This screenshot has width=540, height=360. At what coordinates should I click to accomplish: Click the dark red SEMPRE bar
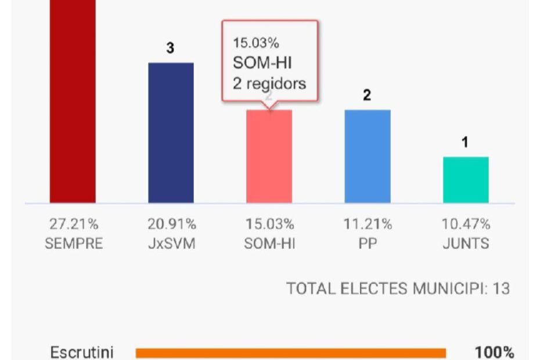[73, 102]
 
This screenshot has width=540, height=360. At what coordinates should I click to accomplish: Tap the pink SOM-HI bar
[269, 156]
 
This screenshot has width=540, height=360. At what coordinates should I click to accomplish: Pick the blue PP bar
[367, 156]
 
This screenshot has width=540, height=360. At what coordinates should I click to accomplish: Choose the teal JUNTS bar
[466, 179]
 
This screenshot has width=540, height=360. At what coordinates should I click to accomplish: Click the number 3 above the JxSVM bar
[170, 49]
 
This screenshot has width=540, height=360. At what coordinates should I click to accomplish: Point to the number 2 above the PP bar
[367, 96]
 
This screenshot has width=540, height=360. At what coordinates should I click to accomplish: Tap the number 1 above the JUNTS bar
[465, 143]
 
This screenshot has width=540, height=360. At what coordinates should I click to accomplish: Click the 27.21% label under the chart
[73, 224]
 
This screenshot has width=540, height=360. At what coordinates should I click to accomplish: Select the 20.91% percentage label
[171, 224]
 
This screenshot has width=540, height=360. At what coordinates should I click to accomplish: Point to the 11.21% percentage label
[367, 224]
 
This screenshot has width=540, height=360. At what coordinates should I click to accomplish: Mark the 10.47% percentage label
[466, 224]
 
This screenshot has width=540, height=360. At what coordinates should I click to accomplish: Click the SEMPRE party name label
[73, 243]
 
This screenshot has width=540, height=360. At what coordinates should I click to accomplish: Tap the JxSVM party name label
[171, 243]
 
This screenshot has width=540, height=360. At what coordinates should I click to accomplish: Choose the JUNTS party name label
[466, 243]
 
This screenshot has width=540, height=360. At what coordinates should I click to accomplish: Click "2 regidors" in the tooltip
[269, 84]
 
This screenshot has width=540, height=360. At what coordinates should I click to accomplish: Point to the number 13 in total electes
[501, 289]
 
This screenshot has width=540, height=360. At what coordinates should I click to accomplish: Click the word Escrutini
[82, 352]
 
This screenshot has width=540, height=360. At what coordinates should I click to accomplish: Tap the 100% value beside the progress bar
[494, 352]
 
